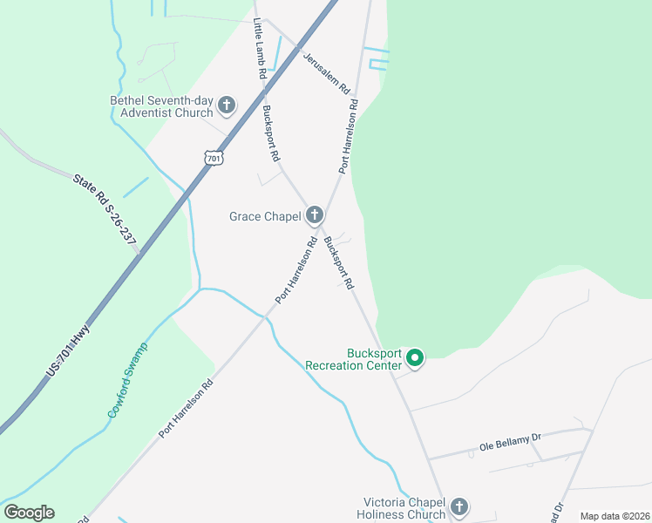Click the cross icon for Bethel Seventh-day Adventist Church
(x=227, y=106)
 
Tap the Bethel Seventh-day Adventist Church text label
(x=161, y=106)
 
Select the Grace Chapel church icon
(x=315, y=215)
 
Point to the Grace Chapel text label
(x=265, y=216)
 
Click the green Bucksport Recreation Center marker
(x=416, y=357)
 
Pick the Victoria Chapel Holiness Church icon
(x=459, y=507)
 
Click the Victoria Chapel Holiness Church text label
(x=404, y=508)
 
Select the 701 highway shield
(x=214, y=158)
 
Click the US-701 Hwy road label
(x=68, y=350)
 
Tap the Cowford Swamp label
(x=128, y=379)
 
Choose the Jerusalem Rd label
(x=326, y=73)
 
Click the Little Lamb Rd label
(x=259, y=49)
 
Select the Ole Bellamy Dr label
(x=511, y=444)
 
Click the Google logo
(x=29, y=513)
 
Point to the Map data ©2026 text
(x=615, y=516)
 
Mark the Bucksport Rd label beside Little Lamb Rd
(x=270, y=133)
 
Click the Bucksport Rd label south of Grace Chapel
(x=338, y=262)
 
